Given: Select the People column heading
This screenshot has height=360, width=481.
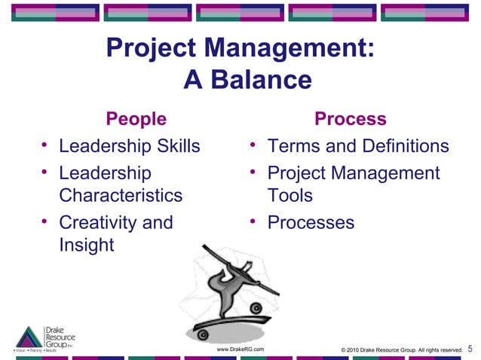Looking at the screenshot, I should click(136, 119).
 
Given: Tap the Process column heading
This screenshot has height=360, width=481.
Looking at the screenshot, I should click(350, 119).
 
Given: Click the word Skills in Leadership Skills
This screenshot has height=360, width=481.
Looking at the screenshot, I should click(176, 145).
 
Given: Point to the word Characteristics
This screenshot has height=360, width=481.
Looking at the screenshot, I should click(121, 196).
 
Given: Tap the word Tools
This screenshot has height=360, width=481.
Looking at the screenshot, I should click(290, 196).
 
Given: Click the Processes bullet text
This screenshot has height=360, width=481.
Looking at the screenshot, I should click(311, 223).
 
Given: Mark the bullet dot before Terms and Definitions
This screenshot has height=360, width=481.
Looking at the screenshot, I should click(254, 145).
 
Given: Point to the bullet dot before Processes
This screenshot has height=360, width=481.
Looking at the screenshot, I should click(254, 221).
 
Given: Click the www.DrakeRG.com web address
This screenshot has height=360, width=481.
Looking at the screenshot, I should click(240, 349).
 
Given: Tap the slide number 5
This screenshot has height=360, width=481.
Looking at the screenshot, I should click(470, 349).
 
